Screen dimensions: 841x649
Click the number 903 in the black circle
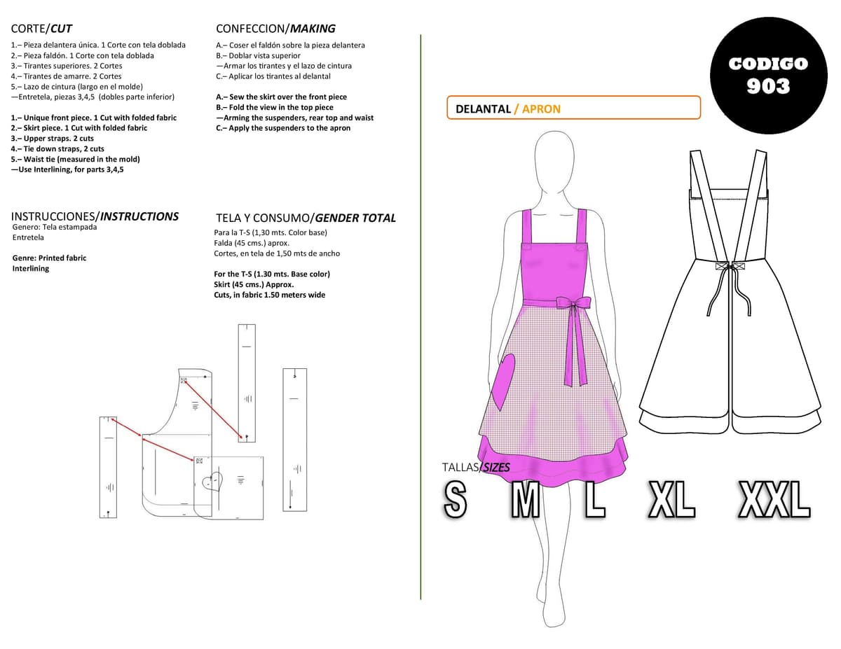point(768,86)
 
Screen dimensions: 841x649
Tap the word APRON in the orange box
point(541,109)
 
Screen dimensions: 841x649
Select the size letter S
point(455,499)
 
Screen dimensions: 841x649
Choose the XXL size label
point(774,499)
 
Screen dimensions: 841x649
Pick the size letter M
point(526,499)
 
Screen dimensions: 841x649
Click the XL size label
point(672,499)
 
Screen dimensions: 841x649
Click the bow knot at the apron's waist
point(573,302)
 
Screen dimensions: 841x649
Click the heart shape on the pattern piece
point(213,481)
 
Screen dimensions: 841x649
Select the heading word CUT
point(61,29)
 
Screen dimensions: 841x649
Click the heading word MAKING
point(313,29)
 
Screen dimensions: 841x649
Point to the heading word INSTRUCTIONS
point(139,216)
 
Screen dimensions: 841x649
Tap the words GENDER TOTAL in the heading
point(355,218)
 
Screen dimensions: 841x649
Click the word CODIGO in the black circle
point(768,64)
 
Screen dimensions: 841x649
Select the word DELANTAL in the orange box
point(483,109)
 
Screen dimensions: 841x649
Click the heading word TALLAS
point(460,468)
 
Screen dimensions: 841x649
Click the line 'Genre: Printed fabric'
point(49,258)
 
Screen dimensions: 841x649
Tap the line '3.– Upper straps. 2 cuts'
point(53,139)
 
